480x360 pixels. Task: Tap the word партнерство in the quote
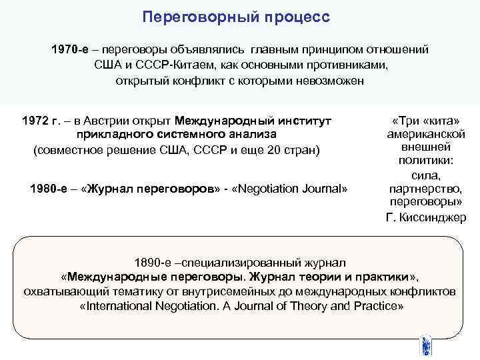tap(427, 189)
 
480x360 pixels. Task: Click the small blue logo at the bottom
tap(425, 347)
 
